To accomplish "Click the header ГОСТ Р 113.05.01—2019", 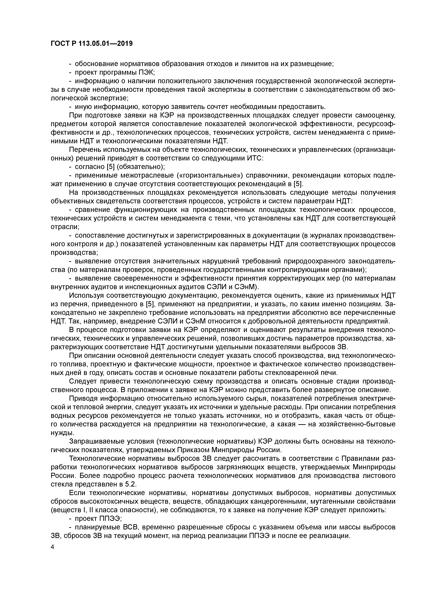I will [92, 44].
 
